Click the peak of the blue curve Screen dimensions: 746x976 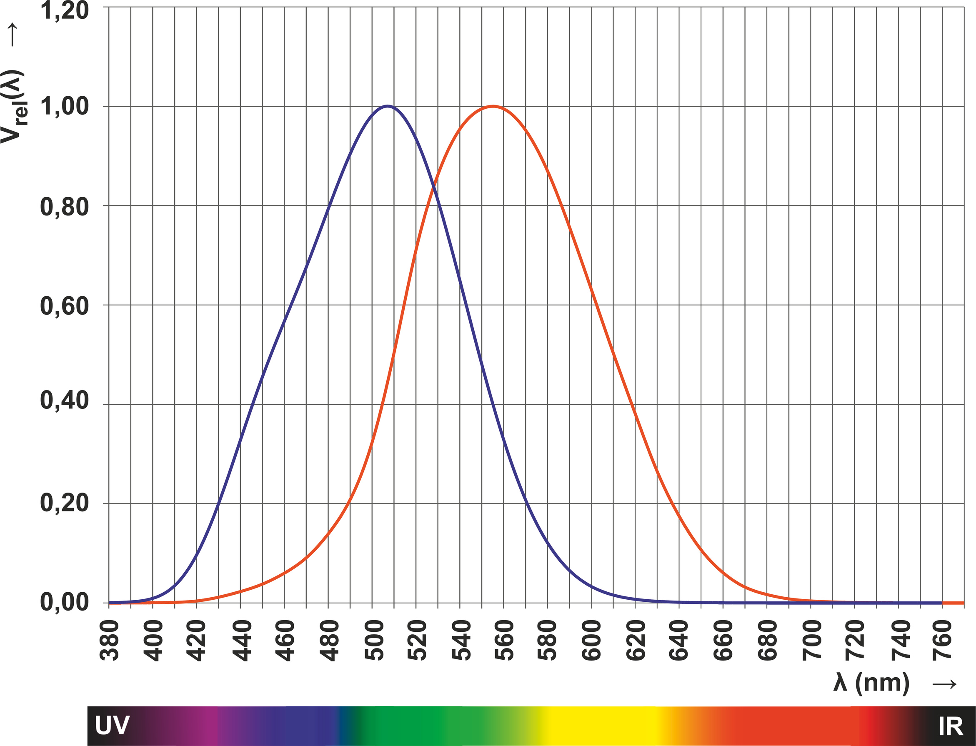coord(388,106)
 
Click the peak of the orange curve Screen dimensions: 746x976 coord(493,106)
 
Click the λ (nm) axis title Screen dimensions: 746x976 coord(871,683)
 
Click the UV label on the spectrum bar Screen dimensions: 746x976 coord(112,726)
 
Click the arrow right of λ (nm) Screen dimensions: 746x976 coord(944,684)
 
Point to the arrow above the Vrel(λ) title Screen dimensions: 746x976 coord(13,35)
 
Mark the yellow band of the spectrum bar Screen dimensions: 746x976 coord(599,726)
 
